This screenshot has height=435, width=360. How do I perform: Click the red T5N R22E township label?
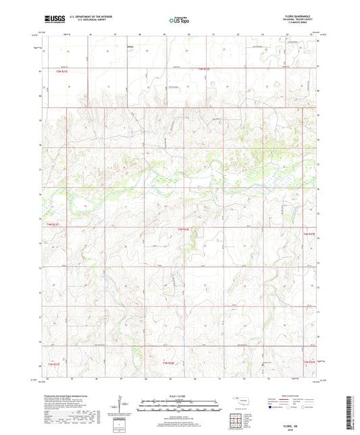click(204, 70)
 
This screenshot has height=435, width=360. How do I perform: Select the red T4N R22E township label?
click(185, 230)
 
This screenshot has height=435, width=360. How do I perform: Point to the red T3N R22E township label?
click(169, 363)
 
